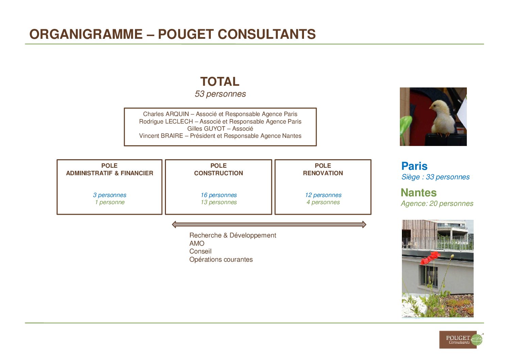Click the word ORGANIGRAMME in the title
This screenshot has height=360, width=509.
coord(86,34)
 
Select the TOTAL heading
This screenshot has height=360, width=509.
coord(220,81)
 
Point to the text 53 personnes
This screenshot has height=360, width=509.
coord(220,94)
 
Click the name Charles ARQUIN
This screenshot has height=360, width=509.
coord(166,114)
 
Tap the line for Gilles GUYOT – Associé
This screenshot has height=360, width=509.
coord(220,129)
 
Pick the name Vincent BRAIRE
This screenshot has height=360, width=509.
coord(161,136)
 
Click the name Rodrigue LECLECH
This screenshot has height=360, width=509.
coord(166,121)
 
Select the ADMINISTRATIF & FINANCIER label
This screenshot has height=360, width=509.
coord(109,173)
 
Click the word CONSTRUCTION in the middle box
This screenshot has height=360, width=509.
coord(218,173)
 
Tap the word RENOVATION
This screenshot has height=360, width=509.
coord(323,173)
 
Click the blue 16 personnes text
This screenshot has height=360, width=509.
coord(219,195)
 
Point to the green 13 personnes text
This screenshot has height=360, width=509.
coord(219,202)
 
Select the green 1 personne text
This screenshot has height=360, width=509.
coord(110,202)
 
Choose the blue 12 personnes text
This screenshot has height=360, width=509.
coord(323,195)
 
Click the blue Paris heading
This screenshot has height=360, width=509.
coord(414,166)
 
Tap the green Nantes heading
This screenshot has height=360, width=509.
coord(419,193)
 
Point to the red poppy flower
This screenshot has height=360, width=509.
coord(430,258)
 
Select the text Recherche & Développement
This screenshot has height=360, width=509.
coord(233,235)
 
